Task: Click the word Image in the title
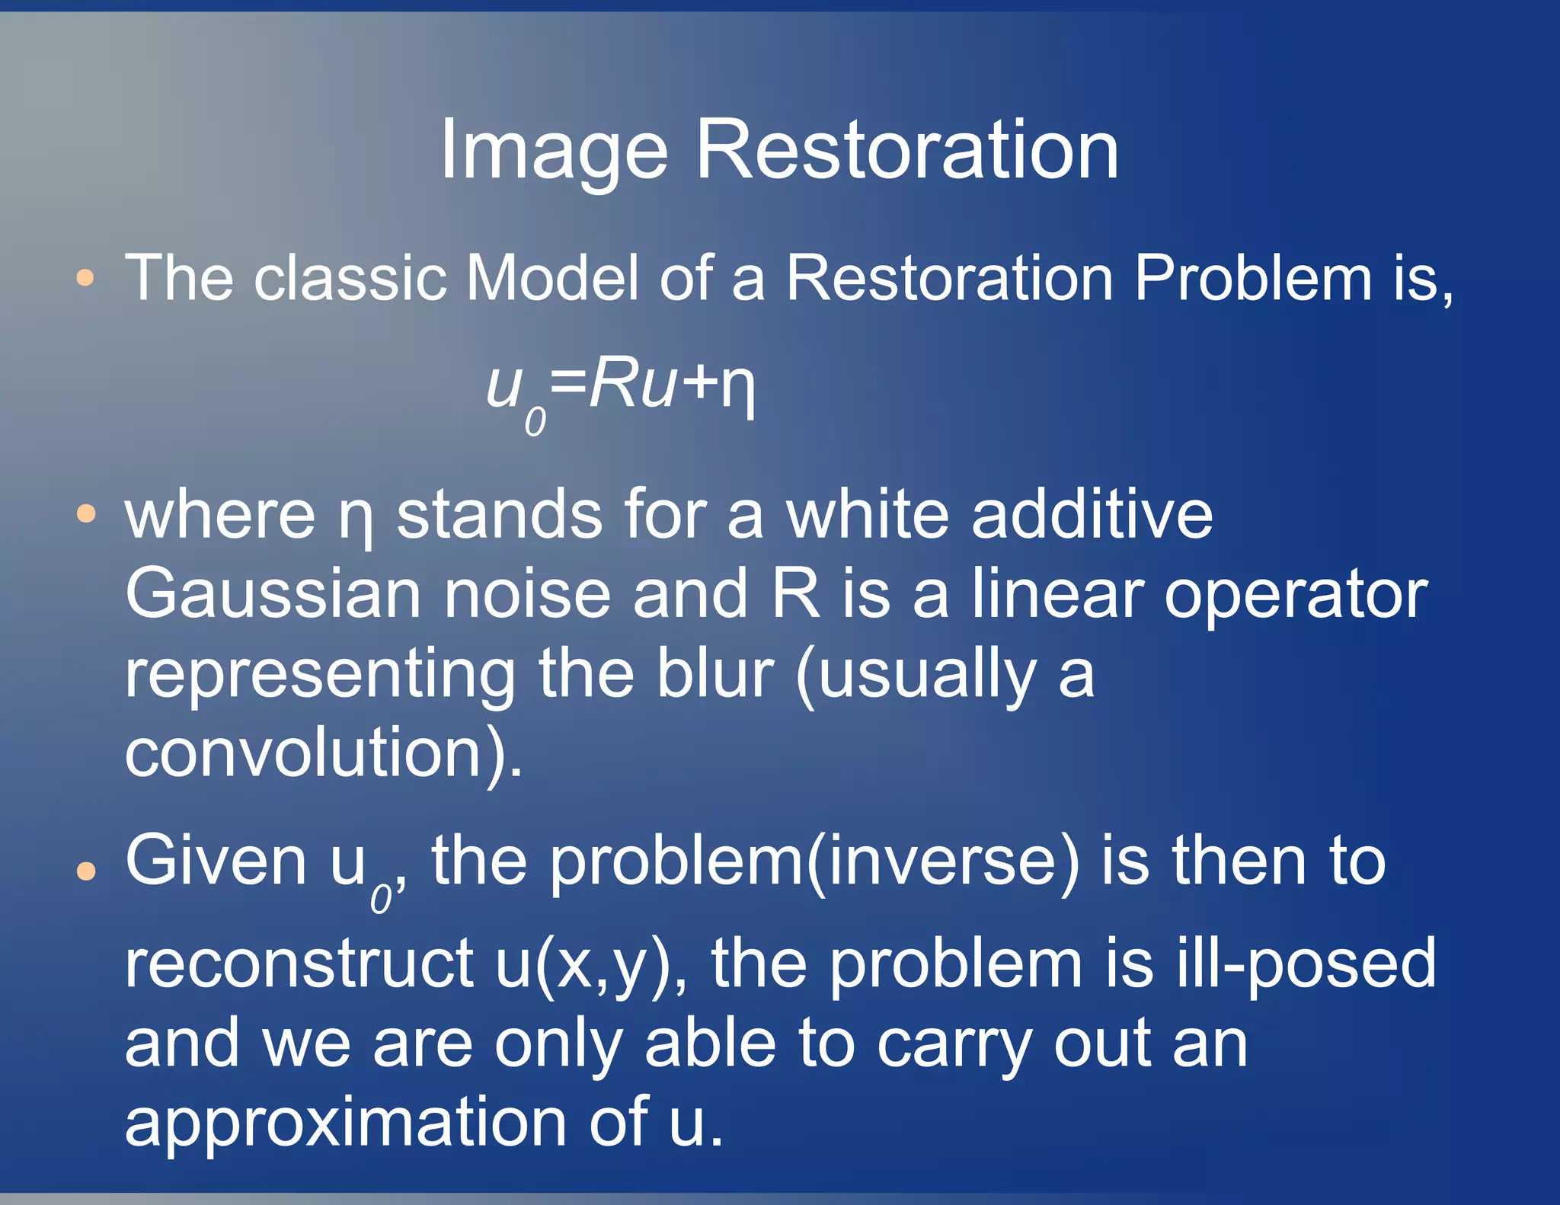coord(554,151)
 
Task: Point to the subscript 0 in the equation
coord(535,422)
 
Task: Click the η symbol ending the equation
coord(737,388)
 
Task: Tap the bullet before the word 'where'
coord(86,514)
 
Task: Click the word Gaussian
coord(273,594)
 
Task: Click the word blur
coord(714,673)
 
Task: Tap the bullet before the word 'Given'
coord(86,870)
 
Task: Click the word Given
coord(216,861)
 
